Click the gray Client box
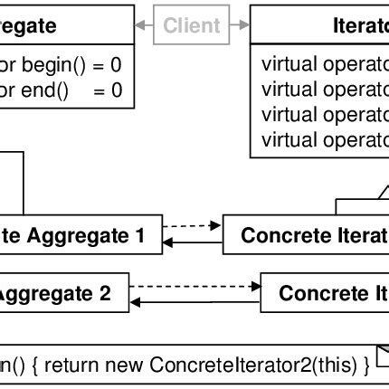192,25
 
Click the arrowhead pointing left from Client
141,25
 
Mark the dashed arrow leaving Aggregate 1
192,225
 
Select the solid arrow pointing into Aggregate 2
194,299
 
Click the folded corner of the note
381,354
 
